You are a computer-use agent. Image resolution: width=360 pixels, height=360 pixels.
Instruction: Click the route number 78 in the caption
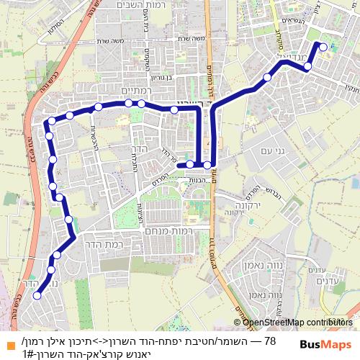271,341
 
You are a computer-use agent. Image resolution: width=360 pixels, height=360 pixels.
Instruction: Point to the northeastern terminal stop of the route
323,48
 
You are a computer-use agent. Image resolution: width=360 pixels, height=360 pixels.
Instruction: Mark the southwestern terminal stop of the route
37,294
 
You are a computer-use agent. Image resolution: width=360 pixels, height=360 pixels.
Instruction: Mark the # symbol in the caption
30,354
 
